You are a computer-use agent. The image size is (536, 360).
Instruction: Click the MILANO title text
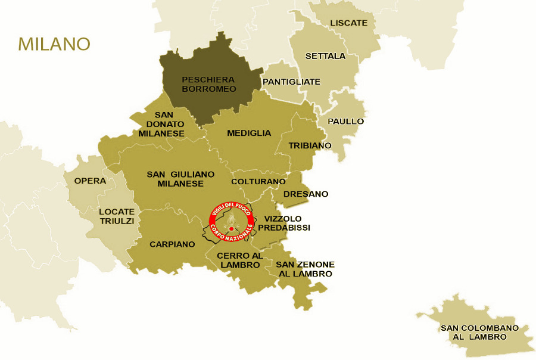click(54, 44)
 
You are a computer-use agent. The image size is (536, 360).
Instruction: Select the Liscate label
click(348, 23)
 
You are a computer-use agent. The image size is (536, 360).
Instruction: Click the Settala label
click(325, 56)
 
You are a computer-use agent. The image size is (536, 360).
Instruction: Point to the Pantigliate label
click(292, 82)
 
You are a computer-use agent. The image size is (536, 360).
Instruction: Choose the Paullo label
click(345, 121)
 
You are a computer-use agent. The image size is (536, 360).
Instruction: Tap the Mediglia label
click(249, 133)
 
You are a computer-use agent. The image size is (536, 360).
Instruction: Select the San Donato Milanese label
click(161, 124)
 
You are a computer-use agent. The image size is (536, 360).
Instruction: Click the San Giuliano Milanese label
click(180, 179)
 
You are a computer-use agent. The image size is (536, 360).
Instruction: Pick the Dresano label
click(306, 194)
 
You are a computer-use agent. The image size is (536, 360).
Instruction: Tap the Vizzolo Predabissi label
click(287, 223)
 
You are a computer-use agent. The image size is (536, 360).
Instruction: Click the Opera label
click(90, 181)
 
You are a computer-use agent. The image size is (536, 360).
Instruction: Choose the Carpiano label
click(172, 244)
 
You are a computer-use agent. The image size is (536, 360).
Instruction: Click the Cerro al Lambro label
click(239, 260)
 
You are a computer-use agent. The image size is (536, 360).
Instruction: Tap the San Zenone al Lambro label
click(304, 269)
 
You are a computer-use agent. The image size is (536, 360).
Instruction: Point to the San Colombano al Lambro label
click(479, 332)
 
